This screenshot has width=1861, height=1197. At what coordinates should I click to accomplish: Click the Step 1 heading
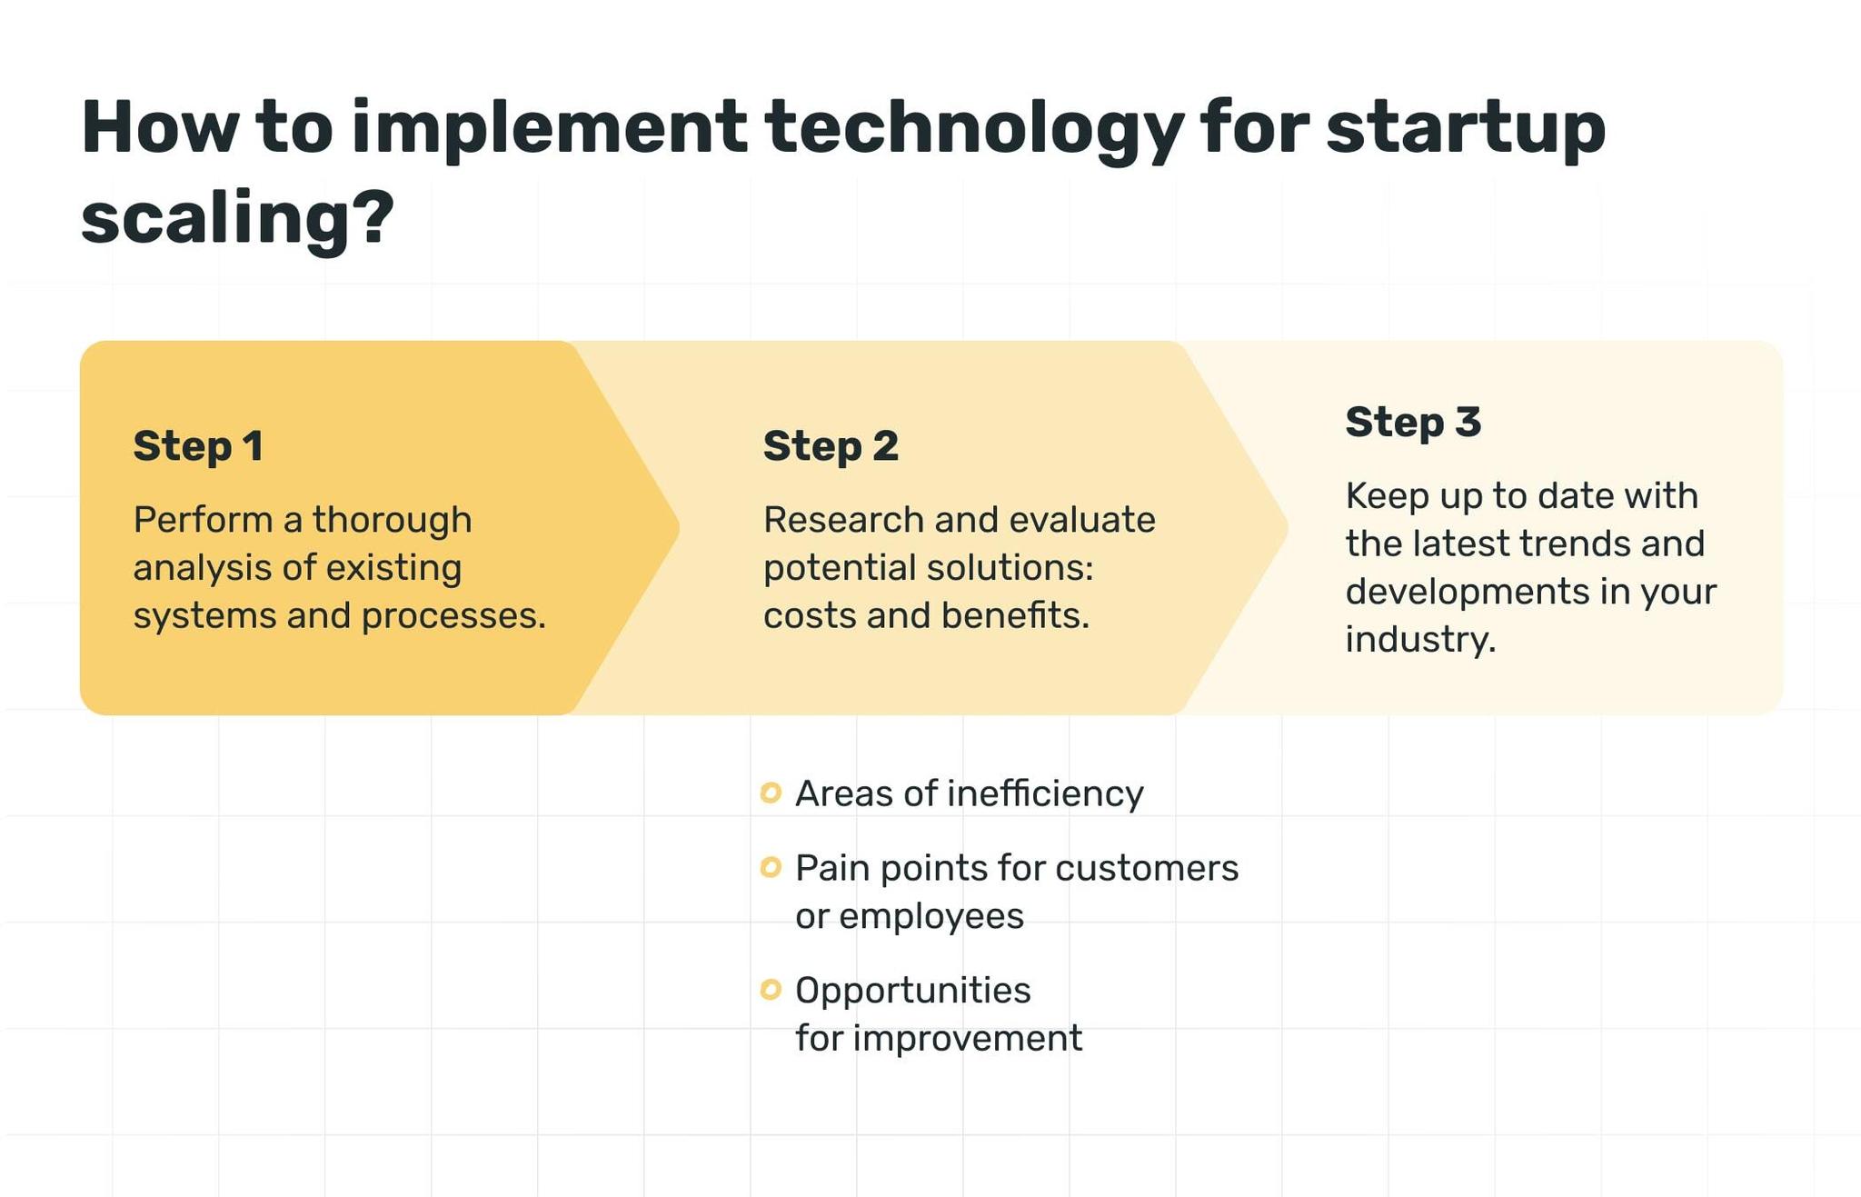coord(198,446)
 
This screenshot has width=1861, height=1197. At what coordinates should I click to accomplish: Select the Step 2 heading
coord(831,446)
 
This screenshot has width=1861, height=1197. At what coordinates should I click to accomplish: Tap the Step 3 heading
coord(1413,423)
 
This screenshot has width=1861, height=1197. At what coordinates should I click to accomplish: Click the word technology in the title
coord(973,128)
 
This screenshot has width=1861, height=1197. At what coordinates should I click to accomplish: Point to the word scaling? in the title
coord(238,219)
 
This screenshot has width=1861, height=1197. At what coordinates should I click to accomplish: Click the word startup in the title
coord(1465,128)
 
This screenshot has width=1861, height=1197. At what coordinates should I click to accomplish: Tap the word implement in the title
coord(548,128)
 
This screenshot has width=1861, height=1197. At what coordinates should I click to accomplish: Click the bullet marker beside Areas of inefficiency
coord(771,793)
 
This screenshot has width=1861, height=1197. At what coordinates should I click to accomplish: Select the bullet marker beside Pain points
coord(771,868)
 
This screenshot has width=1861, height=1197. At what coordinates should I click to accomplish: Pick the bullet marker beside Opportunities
coord(771,990)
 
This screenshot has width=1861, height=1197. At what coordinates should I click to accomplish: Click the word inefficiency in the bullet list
coord(1045,794)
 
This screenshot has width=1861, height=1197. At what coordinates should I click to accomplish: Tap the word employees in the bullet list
coord(930,916)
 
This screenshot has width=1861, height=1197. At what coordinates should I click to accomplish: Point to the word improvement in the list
coord(967,1038)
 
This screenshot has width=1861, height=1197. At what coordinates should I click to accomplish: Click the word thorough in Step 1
coord(393,521)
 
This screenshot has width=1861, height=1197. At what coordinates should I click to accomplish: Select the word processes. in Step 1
coord(453,616)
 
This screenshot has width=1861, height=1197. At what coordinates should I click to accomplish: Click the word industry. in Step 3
coord(1420,640)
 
